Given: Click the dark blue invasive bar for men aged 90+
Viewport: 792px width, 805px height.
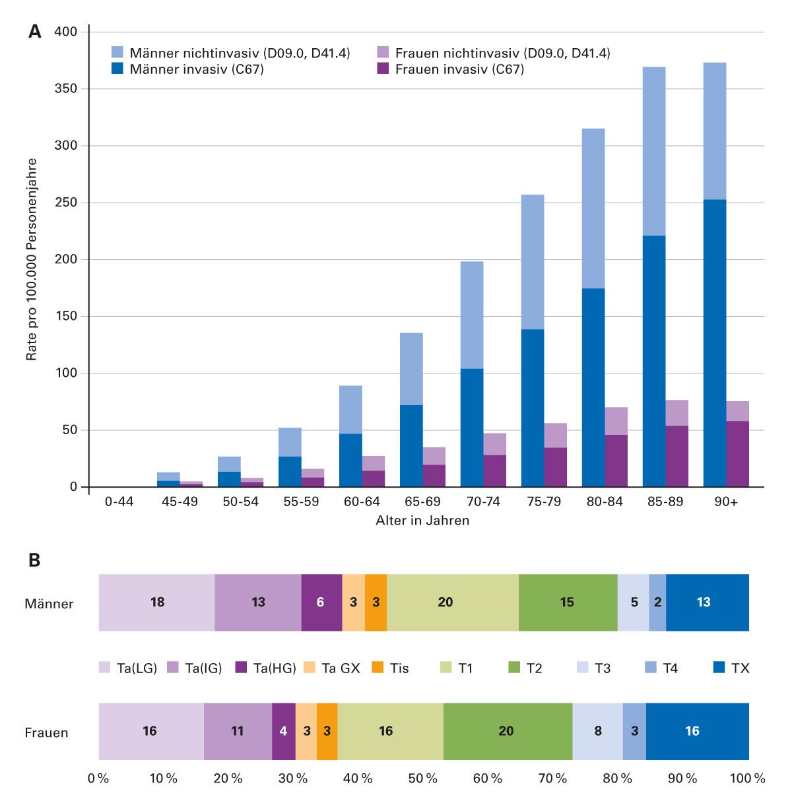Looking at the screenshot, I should point(715,343).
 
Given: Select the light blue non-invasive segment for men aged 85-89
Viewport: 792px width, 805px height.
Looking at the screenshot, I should point(654,151).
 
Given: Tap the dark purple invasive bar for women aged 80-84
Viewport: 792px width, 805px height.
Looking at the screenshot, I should point(616,461).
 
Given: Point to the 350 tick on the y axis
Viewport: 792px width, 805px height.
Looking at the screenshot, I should point(66,88).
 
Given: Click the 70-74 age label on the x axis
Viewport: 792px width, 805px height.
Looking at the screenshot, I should point(483,501).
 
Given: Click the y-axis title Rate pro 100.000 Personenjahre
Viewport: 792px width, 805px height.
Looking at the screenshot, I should point(31,259).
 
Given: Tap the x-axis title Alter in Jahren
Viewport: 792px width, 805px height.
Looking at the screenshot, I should point(422,521).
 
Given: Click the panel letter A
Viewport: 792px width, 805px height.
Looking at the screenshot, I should point(35,32).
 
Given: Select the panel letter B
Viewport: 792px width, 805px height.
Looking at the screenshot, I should point(34,560).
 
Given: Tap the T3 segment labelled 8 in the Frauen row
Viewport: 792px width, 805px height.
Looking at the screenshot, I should point(597,731).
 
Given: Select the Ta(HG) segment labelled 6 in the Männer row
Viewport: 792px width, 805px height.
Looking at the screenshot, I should point(321,602).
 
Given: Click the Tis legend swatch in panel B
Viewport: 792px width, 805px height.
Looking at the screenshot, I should point(378,668).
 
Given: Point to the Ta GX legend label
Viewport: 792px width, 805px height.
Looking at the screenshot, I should point(341,668).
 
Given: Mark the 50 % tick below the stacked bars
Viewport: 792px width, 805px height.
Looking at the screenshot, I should point(423,779).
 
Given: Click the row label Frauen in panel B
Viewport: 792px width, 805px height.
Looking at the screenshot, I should point(46,732).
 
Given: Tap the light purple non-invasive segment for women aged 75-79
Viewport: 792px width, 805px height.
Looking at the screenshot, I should point(556,435).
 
